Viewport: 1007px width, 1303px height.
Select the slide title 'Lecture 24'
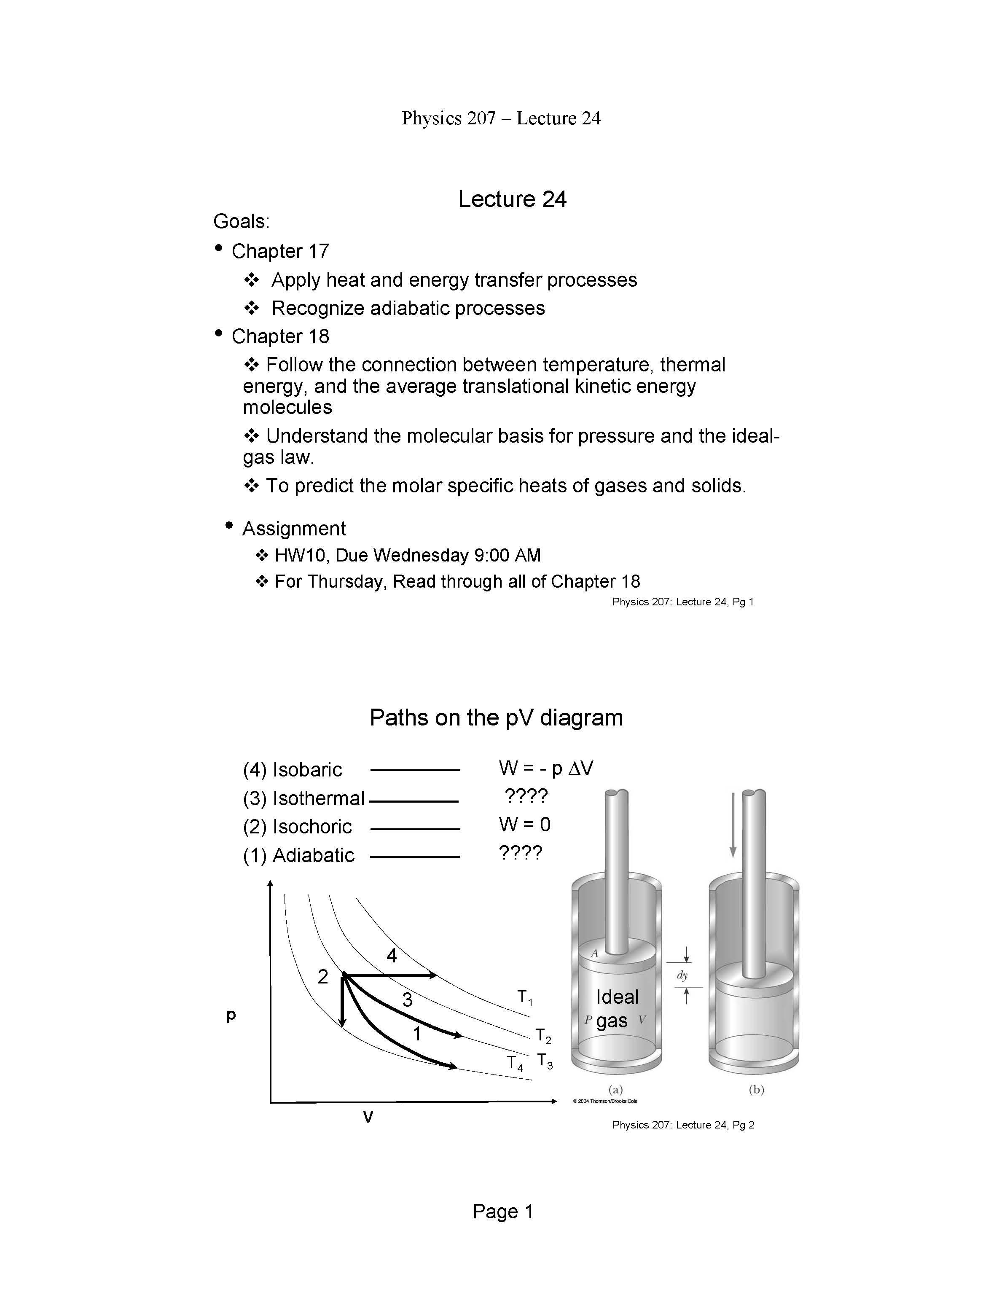(512, 199)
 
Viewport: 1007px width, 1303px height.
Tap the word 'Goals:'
(242, 222)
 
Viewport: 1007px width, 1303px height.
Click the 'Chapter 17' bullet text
(280, 251)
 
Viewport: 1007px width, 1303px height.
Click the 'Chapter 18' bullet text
(280, 336)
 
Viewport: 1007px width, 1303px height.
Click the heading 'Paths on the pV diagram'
(496, 718)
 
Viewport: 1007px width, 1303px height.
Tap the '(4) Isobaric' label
(292, 770)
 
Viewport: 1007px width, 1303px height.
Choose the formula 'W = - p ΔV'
(546, 768)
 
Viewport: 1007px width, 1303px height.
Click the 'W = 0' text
(524, 825)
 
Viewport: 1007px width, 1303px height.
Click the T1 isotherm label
(524, 997)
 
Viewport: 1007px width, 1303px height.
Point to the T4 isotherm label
(514, 1063)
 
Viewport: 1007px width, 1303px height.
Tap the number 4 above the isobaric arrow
(391, 956)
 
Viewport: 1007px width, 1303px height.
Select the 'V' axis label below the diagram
(368, 1117)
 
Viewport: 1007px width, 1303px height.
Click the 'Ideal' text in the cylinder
(617, 997)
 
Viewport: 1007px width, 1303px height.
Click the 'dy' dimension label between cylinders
(682, 976)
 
